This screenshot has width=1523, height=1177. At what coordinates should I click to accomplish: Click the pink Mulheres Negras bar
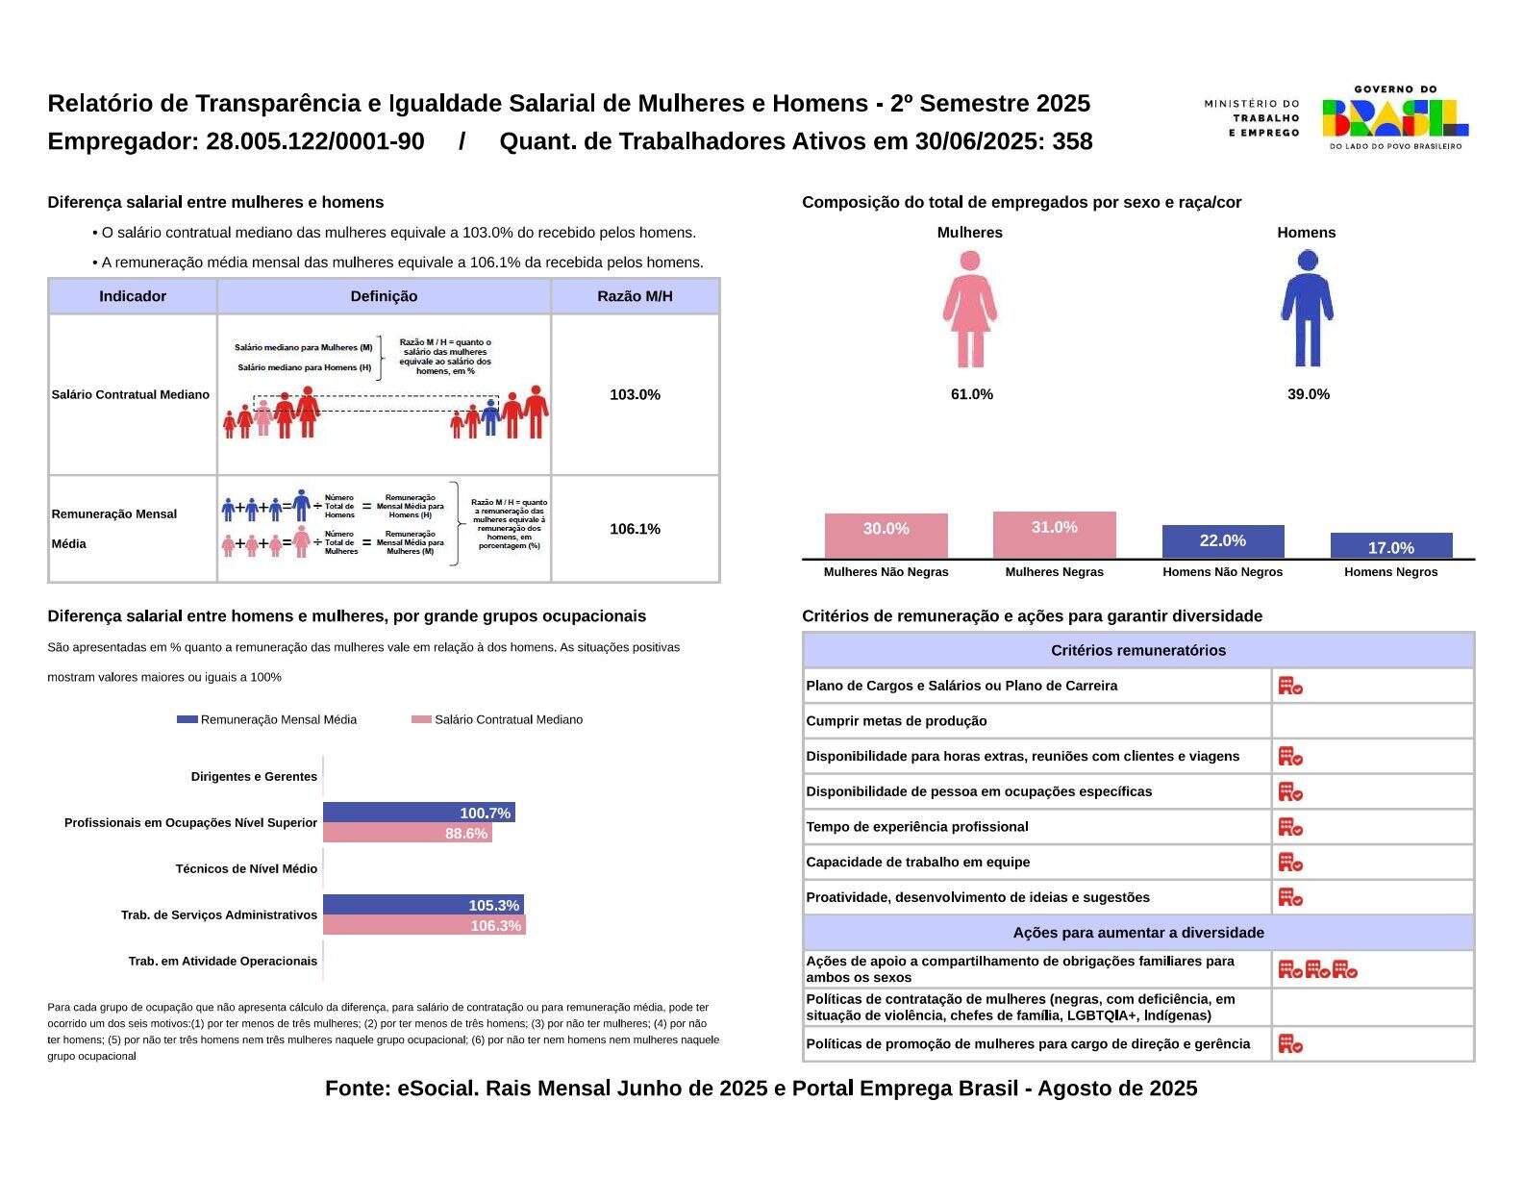point(1054,535)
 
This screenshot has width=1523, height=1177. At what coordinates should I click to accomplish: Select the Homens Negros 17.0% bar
point(1391,545)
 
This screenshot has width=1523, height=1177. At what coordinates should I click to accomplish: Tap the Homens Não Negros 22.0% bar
point(1223,542)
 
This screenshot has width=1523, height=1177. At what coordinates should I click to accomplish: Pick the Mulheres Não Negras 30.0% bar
point(886,537)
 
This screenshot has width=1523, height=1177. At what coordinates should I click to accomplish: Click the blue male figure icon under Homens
point(1307,309)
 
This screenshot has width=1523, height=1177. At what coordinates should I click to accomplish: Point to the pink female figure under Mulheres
point(970,309)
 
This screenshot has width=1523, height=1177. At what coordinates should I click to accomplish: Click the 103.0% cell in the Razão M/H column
point(635,394)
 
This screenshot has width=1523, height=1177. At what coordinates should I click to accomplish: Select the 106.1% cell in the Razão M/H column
point(635,529)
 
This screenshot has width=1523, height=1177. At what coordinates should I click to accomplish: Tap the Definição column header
point(384,296)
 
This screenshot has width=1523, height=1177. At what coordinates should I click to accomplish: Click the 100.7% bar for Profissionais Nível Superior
point(419,813)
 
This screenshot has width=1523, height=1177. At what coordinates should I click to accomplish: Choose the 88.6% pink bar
point(408,833)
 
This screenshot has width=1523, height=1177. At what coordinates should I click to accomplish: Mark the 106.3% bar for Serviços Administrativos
point(424,925)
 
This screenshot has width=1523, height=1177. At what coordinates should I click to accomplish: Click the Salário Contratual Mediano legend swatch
point(421,719)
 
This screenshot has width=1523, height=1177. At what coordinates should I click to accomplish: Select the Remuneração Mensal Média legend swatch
point(187,719)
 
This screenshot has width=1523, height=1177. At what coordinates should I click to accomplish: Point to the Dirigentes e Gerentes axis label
point(254,777)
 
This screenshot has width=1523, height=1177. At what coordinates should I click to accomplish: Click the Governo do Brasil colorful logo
point(1395,117)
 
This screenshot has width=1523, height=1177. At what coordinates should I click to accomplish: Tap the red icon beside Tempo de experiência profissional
point(1290,827)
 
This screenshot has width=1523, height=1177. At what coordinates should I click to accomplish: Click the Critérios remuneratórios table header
point(1138,651)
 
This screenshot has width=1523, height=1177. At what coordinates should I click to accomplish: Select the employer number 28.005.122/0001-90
point(315,141)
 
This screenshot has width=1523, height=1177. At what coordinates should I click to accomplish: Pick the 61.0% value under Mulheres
point(971,394)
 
